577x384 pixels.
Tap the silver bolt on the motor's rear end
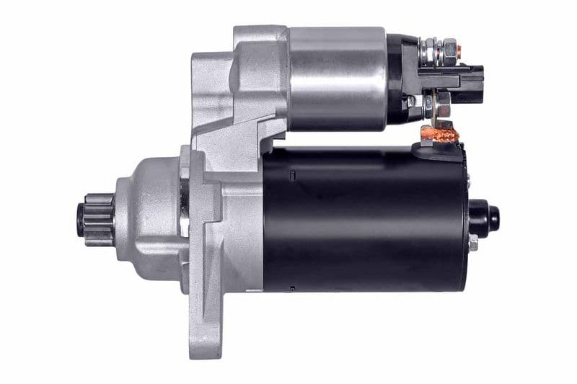pyautogui.click(x=472, y=244)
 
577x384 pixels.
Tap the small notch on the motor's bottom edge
pyautogui.click(x=291, y=288)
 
